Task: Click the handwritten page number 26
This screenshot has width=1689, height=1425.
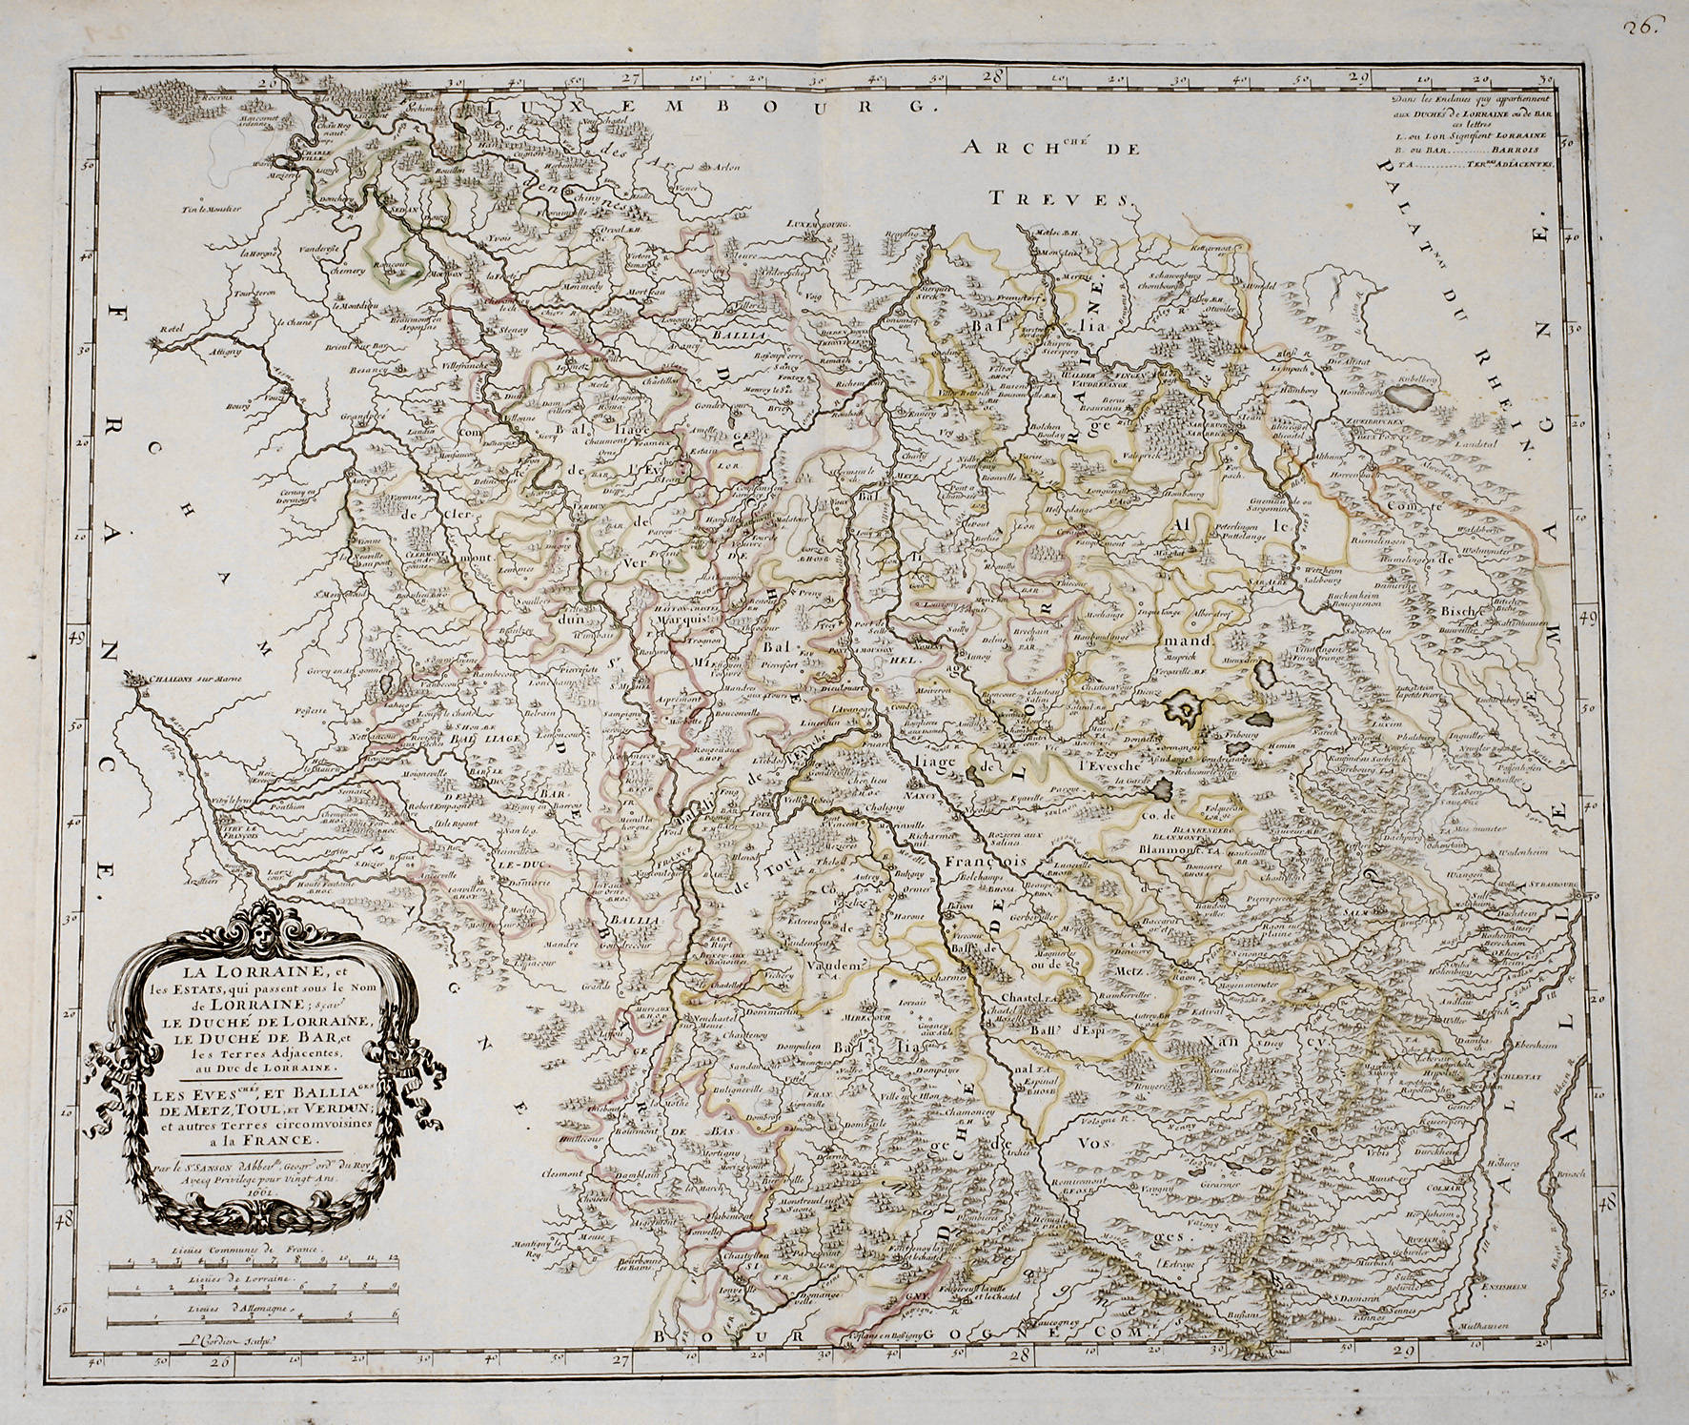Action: tap(1644, 27)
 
